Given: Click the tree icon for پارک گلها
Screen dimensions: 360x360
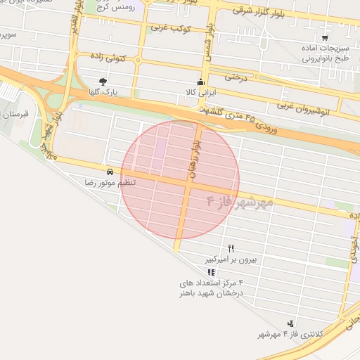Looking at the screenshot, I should point(103,82).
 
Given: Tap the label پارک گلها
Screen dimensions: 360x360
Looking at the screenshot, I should point(103,92).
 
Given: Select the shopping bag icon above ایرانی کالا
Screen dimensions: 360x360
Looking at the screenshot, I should point(201,82).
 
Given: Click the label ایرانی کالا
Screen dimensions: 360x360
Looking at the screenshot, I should point(201,92).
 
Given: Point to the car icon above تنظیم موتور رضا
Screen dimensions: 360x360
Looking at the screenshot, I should point(110,172).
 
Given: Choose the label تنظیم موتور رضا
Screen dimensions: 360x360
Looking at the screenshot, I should point(110,182).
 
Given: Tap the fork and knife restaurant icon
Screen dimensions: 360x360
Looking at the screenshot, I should point(231,249).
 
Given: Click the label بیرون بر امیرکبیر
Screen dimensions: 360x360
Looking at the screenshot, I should point(231,259).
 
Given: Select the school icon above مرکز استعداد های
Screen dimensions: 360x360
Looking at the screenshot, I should point(211,271).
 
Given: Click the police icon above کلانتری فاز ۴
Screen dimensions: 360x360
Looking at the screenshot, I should point(290,323).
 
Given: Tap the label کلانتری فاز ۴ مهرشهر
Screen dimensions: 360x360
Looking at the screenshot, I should point(290,334).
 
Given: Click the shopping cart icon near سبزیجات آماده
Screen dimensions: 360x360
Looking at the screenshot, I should point(324,38).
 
